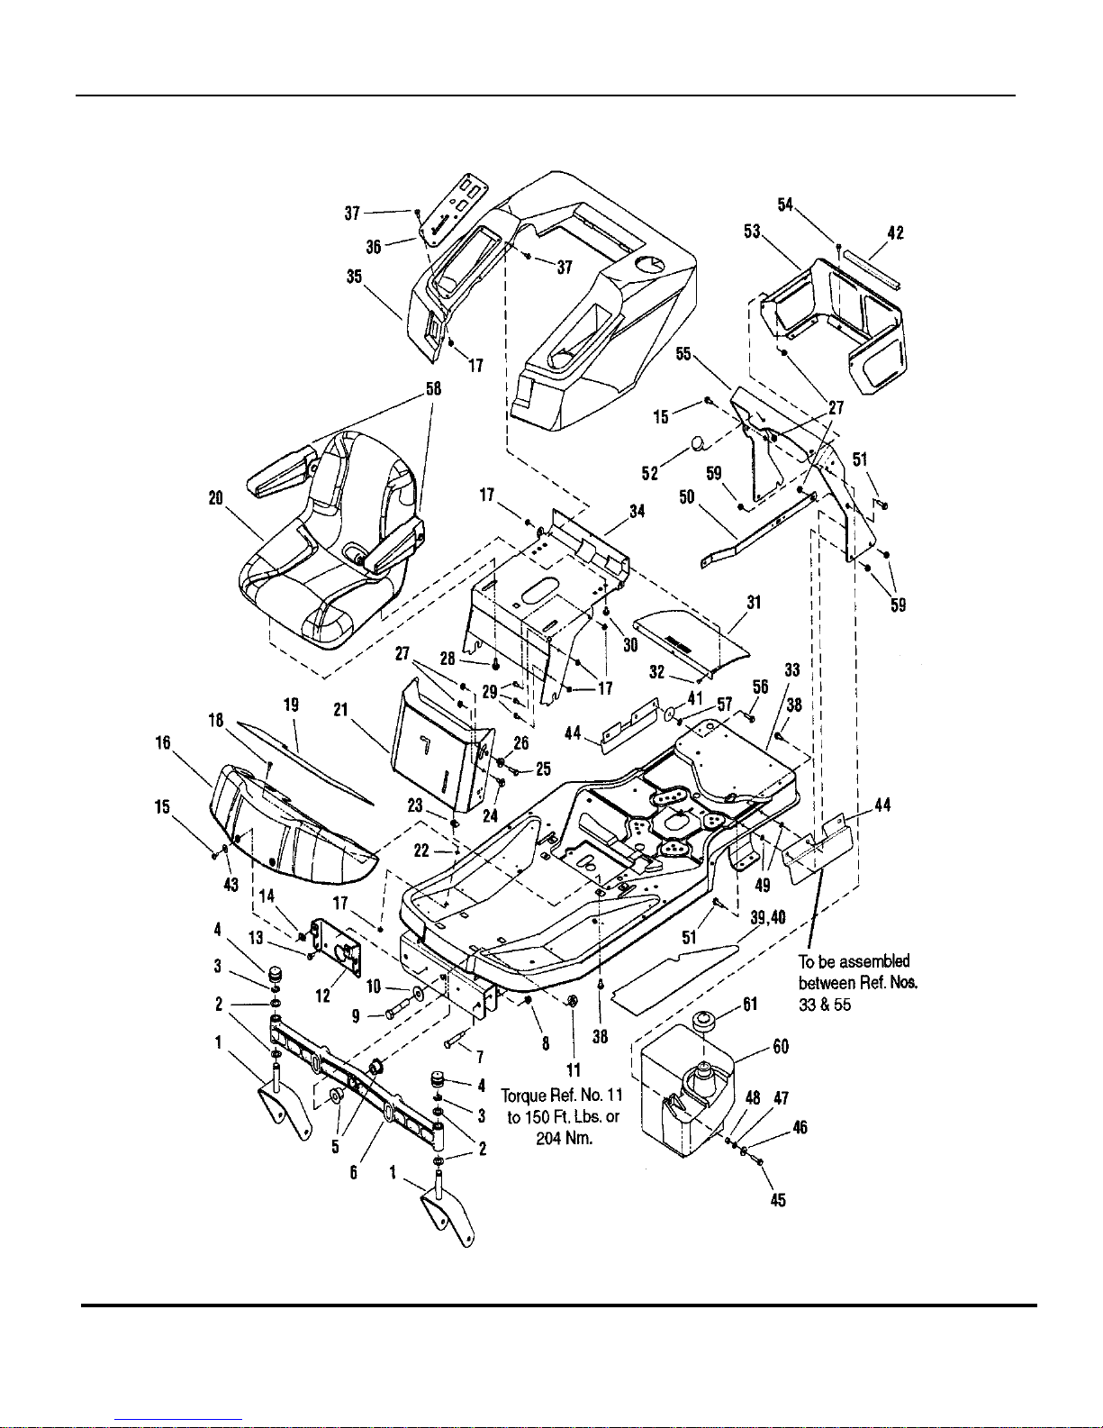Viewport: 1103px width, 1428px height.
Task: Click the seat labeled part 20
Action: tap(331, 539)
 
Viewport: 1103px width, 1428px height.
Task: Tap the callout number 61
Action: tap(750, 1005)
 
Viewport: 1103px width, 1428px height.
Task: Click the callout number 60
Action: tap(781, 1047)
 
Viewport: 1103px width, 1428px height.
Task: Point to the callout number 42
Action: tap(896, 232)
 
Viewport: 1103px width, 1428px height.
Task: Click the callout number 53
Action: tap(752, 232)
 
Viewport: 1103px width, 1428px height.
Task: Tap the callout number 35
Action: tap(354, 277)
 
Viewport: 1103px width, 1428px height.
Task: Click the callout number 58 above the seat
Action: tap(433, 388)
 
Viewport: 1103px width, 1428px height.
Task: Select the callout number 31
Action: tap(754, 602)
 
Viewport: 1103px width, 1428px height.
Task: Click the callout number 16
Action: tap(162, 742)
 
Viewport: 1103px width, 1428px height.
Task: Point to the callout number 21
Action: tap(340, 710)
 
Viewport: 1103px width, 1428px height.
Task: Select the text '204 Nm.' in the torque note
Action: tap(564, 1138)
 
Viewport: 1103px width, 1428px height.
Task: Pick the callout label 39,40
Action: tap(767, 917)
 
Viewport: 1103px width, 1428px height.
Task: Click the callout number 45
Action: tap(777, 1200)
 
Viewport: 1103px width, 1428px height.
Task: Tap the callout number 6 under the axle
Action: tap(353, 1172)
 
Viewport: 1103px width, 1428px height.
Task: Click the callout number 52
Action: tap(649, 473)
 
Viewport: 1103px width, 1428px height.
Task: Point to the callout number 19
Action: tap(291, 705)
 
